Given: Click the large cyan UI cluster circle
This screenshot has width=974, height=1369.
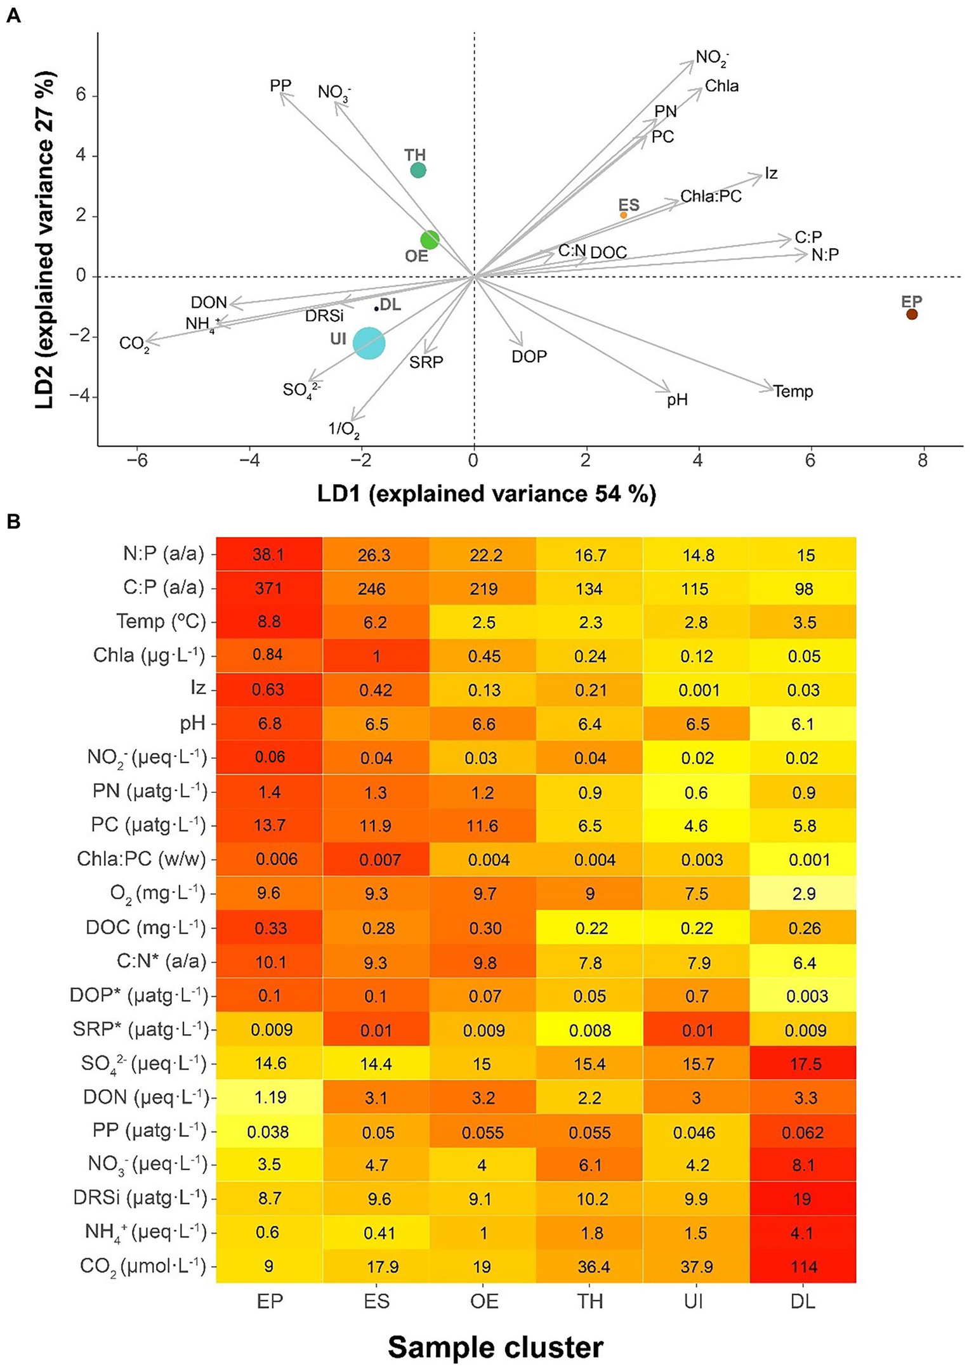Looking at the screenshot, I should click(x=369, y=343).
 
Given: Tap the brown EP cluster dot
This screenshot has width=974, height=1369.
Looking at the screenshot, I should click(x=912, y=314).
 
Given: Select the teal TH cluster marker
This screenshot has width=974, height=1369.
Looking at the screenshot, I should click(x=418, y=170).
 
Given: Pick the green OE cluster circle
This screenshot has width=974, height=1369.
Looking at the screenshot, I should click(x=430, y=240).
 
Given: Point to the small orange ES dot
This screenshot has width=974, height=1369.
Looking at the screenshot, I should click(x=623, y=215).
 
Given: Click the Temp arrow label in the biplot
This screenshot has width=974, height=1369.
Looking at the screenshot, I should click(x=793, y=391).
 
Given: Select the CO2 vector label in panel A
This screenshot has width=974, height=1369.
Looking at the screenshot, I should click(x=135, y=344).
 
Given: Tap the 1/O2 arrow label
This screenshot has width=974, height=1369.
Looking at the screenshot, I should click(x=344, y=430).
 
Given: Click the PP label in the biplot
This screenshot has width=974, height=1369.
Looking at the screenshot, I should click(x=280, y=85).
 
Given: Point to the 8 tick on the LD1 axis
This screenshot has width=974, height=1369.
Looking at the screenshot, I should click(x=923, y=460).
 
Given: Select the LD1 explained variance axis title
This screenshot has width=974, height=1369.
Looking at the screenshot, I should click(x=487, y=494).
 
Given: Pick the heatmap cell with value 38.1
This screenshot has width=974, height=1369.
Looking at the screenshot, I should click(x=269, y=555).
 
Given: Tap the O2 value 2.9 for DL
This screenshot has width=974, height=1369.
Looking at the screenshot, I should click(x=803, y=894).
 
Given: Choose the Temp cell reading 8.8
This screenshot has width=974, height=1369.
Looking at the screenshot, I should click(x=269, y=622).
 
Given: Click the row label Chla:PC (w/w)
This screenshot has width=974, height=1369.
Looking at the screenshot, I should click(x=142, y=859).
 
